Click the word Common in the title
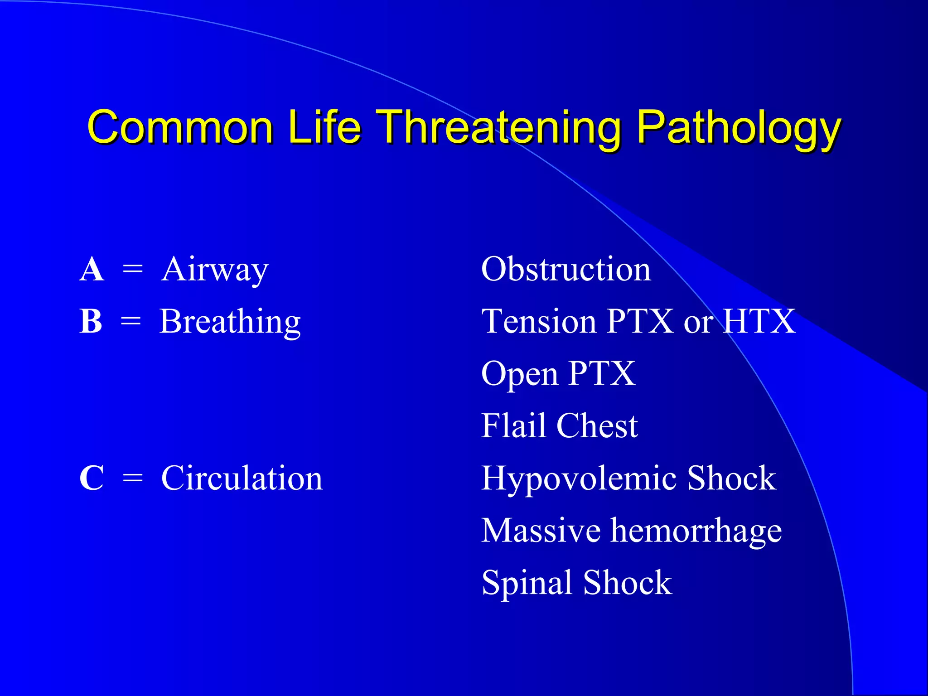[x=180, y=127]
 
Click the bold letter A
[x=92, y=270]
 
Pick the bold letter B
[x=91, y=322]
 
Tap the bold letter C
[x=92, y=478]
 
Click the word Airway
[x=215, y=271]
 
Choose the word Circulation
[x=242, y=478]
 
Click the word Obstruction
[x=566, y=270]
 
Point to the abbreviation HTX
[x=759, y=322]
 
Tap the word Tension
[x=539, y=322]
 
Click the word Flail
[x=513, y=426]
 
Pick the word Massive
[x=541, y=531]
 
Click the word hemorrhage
[x=696, y=531]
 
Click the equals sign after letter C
[x=133, y=479]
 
